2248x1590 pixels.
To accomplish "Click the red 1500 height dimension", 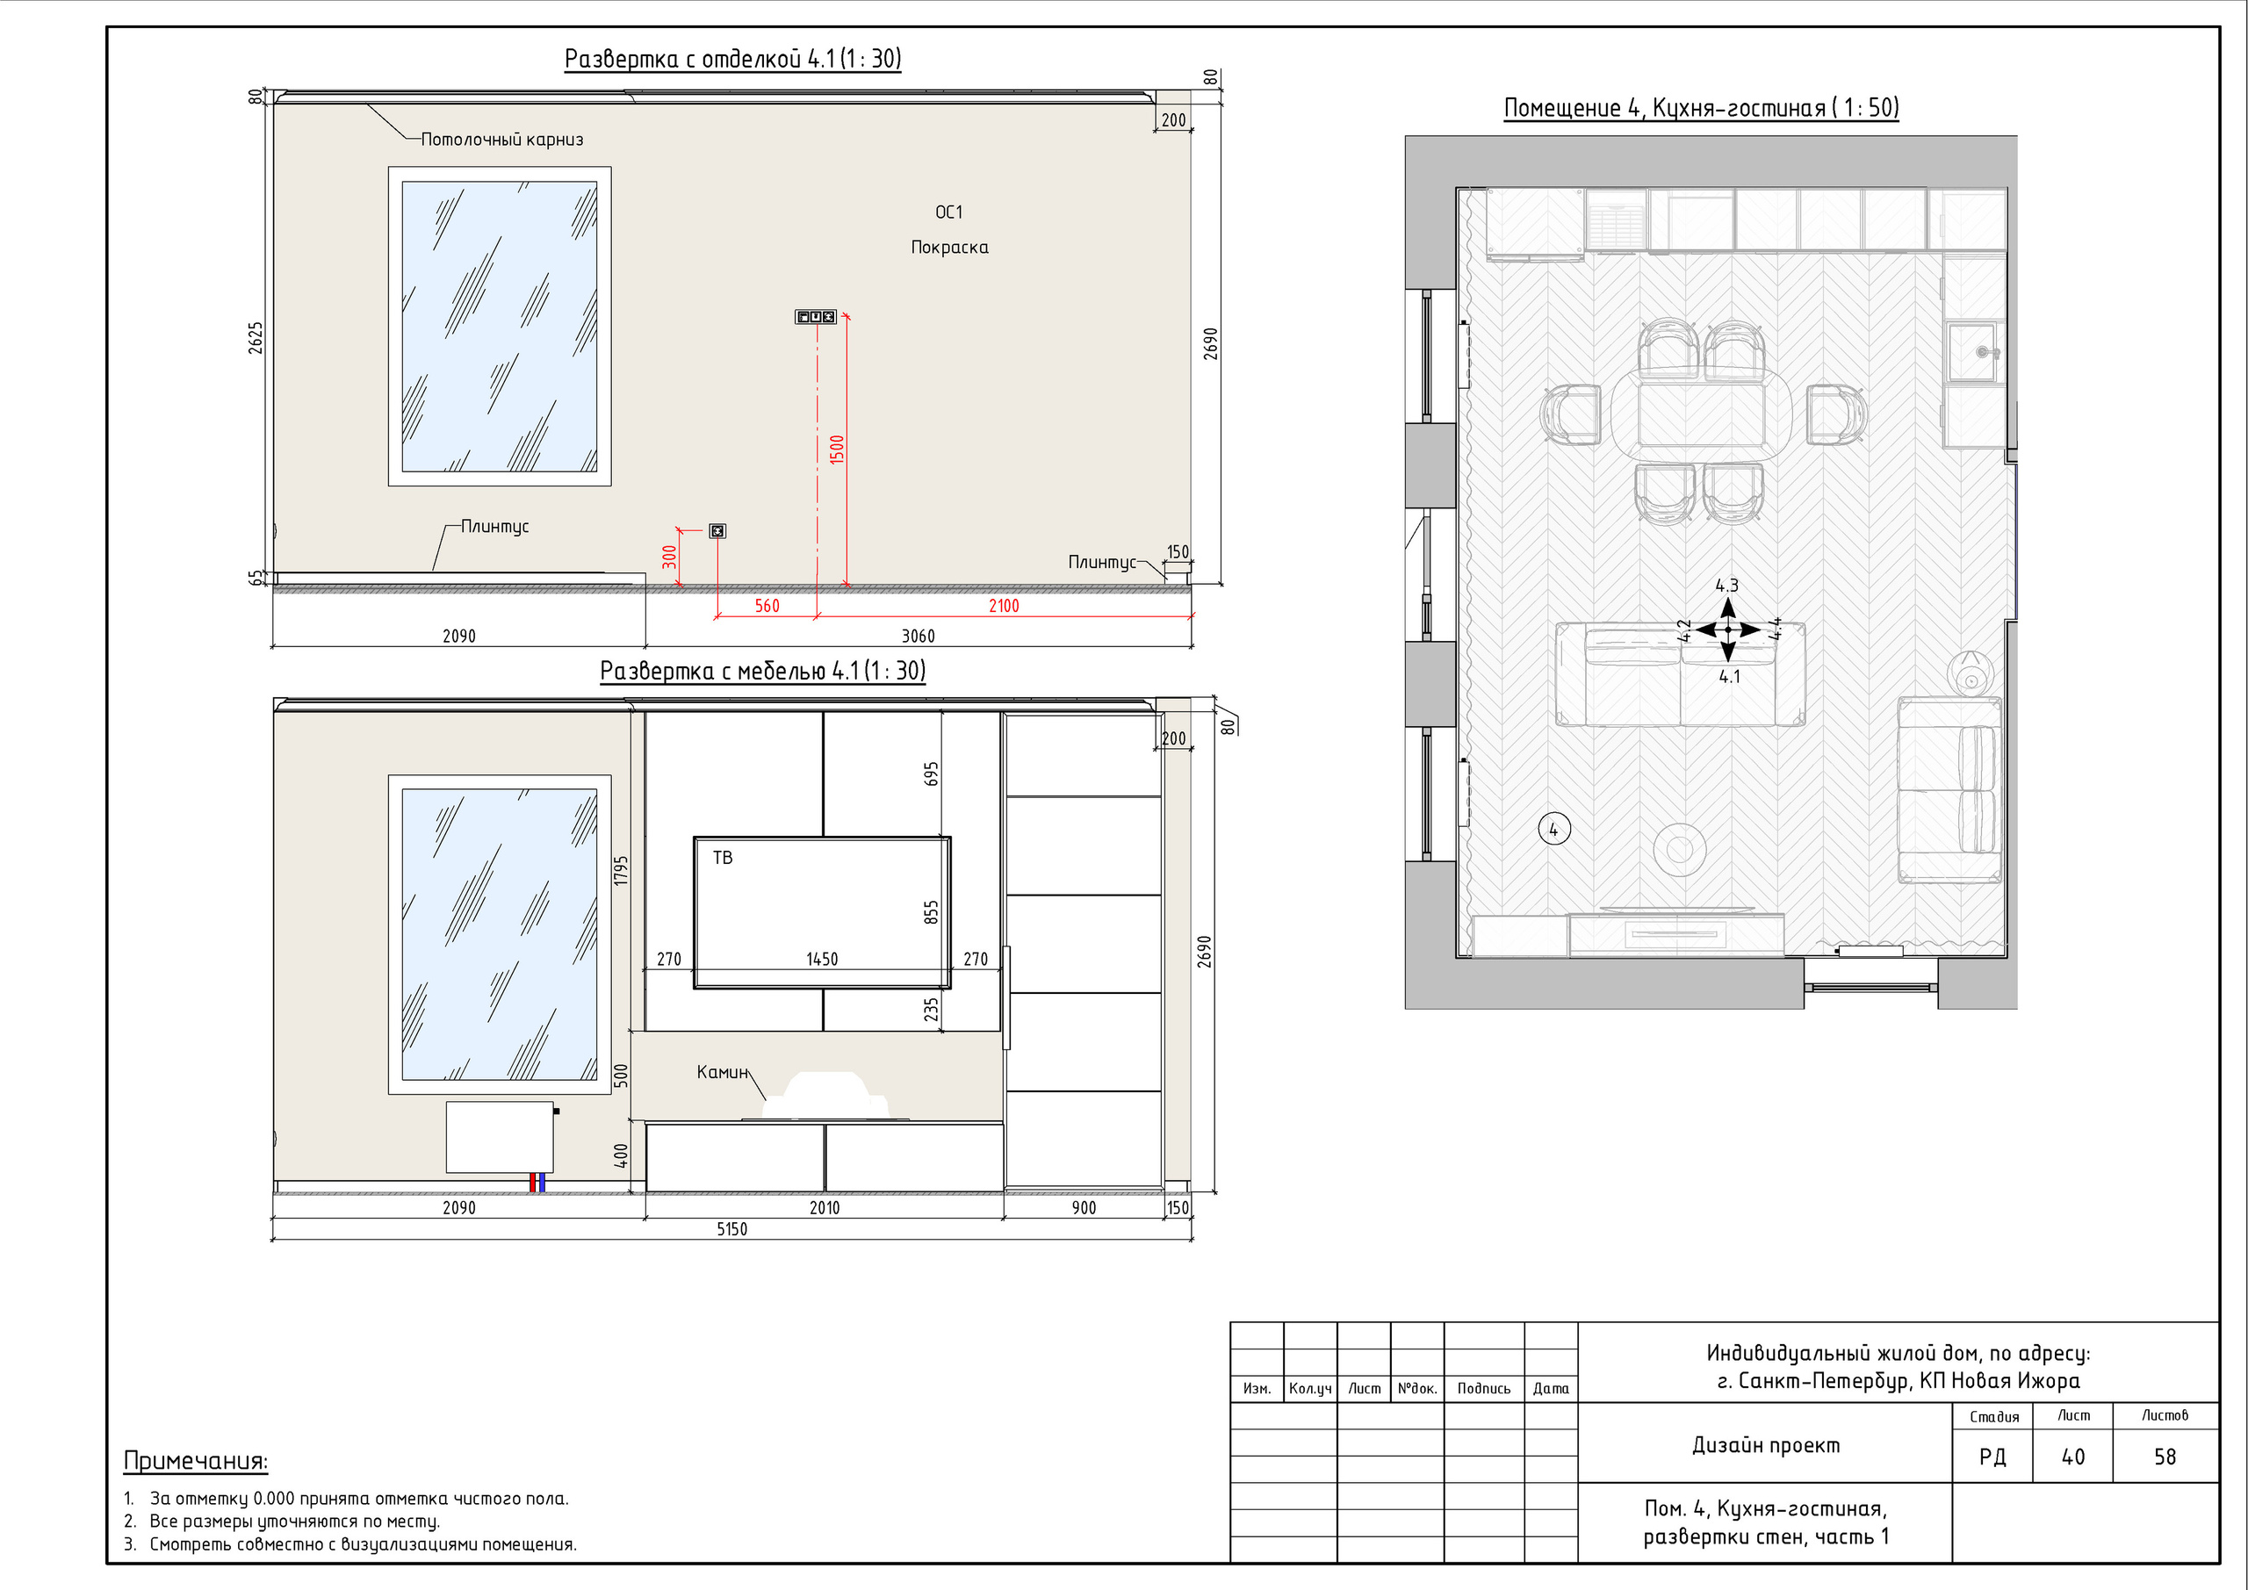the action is (x=836, y=450).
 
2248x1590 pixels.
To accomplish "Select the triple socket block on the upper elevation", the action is (x=816, y=316).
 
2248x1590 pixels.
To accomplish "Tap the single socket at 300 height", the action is (x=717, y=530).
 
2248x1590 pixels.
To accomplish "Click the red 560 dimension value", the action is (x=767, y=606).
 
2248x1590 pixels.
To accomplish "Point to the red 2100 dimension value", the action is (x=1004, y=606).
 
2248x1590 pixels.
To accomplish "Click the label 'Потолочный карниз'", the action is (x=502, y=140).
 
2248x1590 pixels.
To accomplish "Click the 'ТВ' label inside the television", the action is (x=723, y=858).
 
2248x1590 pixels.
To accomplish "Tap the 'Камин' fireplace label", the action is (x=723, y=1072).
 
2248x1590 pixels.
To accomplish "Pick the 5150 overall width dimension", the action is (x=731, y=1230).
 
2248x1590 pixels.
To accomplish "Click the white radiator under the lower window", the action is (x=500, y=1137).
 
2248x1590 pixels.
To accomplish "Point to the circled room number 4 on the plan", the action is (x=1553, y=830).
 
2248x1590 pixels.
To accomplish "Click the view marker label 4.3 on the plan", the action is (x=1727, y=586).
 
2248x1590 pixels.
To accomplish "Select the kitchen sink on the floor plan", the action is (x=1973, y=352).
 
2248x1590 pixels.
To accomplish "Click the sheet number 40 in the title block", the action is (x=2072, y=1457).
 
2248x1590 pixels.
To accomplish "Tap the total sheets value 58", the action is (x=2165, y=1457).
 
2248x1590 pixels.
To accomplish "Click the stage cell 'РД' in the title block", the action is (x=1992, y=1457).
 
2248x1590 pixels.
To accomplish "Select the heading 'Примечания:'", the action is (x=196, y=1461).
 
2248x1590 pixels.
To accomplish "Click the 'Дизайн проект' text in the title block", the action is (x=1766, y=1445).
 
